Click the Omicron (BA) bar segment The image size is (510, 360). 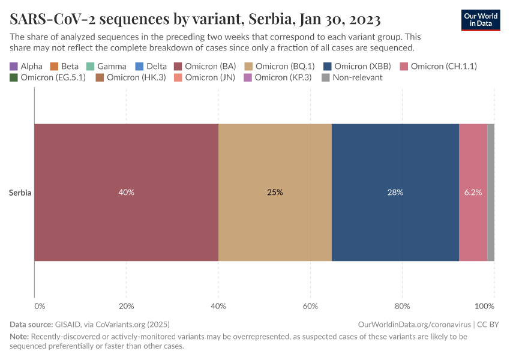[126, 162]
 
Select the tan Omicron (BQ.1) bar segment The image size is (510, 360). [275, 162]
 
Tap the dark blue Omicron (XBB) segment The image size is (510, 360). [395, 162]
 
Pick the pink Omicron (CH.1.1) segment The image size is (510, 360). [473, 162]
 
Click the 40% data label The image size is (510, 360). [126, 193]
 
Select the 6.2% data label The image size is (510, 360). [473, 193]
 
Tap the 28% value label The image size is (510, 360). [395, 193]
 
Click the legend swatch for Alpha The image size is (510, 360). [14, 66]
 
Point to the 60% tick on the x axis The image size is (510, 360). [310, 307]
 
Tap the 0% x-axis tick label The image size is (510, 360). [40, 307]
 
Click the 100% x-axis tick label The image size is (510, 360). [485, 307]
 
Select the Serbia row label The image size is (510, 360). [20, 193]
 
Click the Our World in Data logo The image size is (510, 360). [481, 19]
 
